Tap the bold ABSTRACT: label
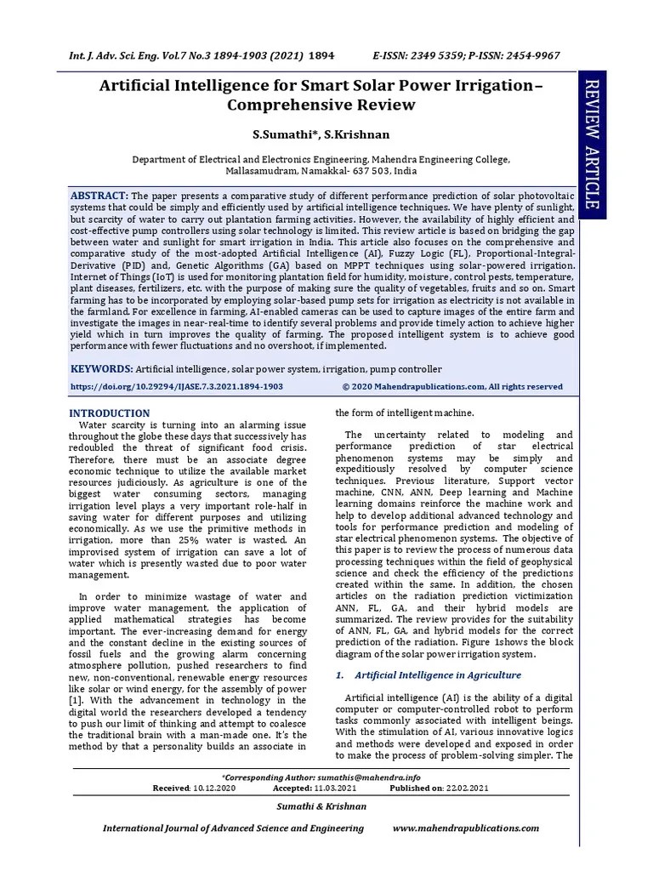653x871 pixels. pos(99,195)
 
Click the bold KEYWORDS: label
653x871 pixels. pos(101,369)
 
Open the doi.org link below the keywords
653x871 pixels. pos(176,386)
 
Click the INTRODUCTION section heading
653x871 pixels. pos(109,413)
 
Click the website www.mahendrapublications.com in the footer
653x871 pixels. pos(466,828)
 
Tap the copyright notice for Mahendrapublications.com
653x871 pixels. pos(452,386)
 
